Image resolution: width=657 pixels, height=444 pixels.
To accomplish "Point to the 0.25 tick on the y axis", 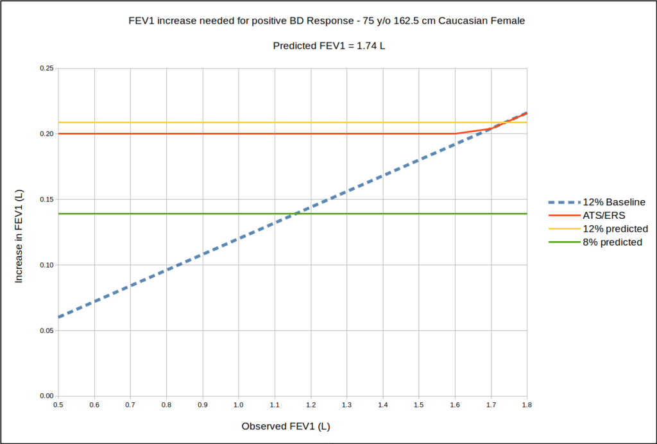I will click(46, 68).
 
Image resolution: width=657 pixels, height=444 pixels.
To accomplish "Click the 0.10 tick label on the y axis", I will click(46, 265).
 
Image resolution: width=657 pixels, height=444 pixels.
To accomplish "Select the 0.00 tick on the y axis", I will click(46, 396).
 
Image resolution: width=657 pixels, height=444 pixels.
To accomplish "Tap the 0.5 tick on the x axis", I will click(58, 406).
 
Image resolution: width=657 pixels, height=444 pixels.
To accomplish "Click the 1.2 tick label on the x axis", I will click(311, 406).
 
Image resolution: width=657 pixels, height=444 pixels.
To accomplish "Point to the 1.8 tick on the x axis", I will click(527, 406).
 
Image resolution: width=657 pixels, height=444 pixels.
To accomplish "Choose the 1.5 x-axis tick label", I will click(419, 406).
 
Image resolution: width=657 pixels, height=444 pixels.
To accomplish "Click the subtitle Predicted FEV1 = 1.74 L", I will click(328, 46).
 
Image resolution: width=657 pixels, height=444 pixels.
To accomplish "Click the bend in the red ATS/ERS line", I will click(455, 133).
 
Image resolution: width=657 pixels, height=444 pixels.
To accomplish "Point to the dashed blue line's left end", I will click(58, 317).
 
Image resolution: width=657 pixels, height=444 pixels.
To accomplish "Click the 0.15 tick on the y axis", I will click(46, 200).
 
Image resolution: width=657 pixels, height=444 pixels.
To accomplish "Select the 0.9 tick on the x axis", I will click(203, 406).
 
